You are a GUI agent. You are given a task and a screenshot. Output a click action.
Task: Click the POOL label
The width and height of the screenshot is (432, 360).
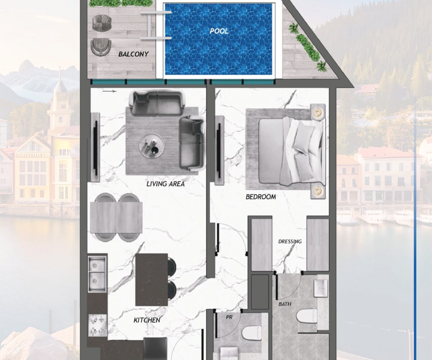219,31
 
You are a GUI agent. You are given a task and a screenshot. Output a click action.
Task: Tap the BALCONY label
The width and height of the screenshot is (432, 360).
134,54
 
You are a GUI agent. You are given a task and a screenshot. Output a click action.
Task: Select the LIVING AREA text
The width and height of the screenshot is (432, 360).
166,184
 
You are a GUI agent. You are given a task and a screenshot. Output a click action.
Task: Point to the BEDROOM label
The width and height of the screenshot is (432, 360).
261,197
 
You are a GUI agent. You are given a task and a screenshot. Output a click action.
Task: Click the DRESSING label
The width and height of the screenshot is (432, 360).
290,242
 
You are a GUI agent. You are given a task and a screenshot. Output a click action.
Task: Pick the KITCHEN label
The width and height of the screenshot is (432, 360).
147,320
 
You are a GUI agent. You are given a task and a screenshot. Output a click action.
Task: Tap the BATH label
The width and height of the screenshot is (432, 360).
285,304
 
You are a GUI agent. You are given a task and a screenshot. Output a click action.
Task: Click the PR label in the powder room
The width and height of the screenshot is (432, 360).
229,317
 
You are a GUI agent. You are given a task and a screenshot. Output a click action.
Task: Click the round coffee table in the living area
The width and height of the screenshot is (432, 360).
152,146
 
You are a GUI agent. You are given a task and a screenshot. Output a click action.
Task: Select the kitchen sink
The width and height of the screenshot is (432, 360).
97,274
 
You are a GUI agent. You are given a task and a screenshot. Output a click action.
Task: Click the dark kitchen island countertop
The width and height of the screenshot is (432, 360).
152,279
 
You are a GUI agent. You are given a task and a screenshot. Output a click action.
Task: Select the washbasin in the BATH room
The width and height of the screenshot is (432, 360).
321,288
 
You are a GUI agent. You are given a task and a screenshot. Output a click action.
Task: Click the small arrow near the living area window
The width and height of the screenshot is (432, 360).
109,91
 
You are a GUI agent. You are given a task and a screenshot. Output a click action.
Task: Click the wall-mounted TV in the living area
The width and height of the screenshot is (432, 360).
95,148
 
